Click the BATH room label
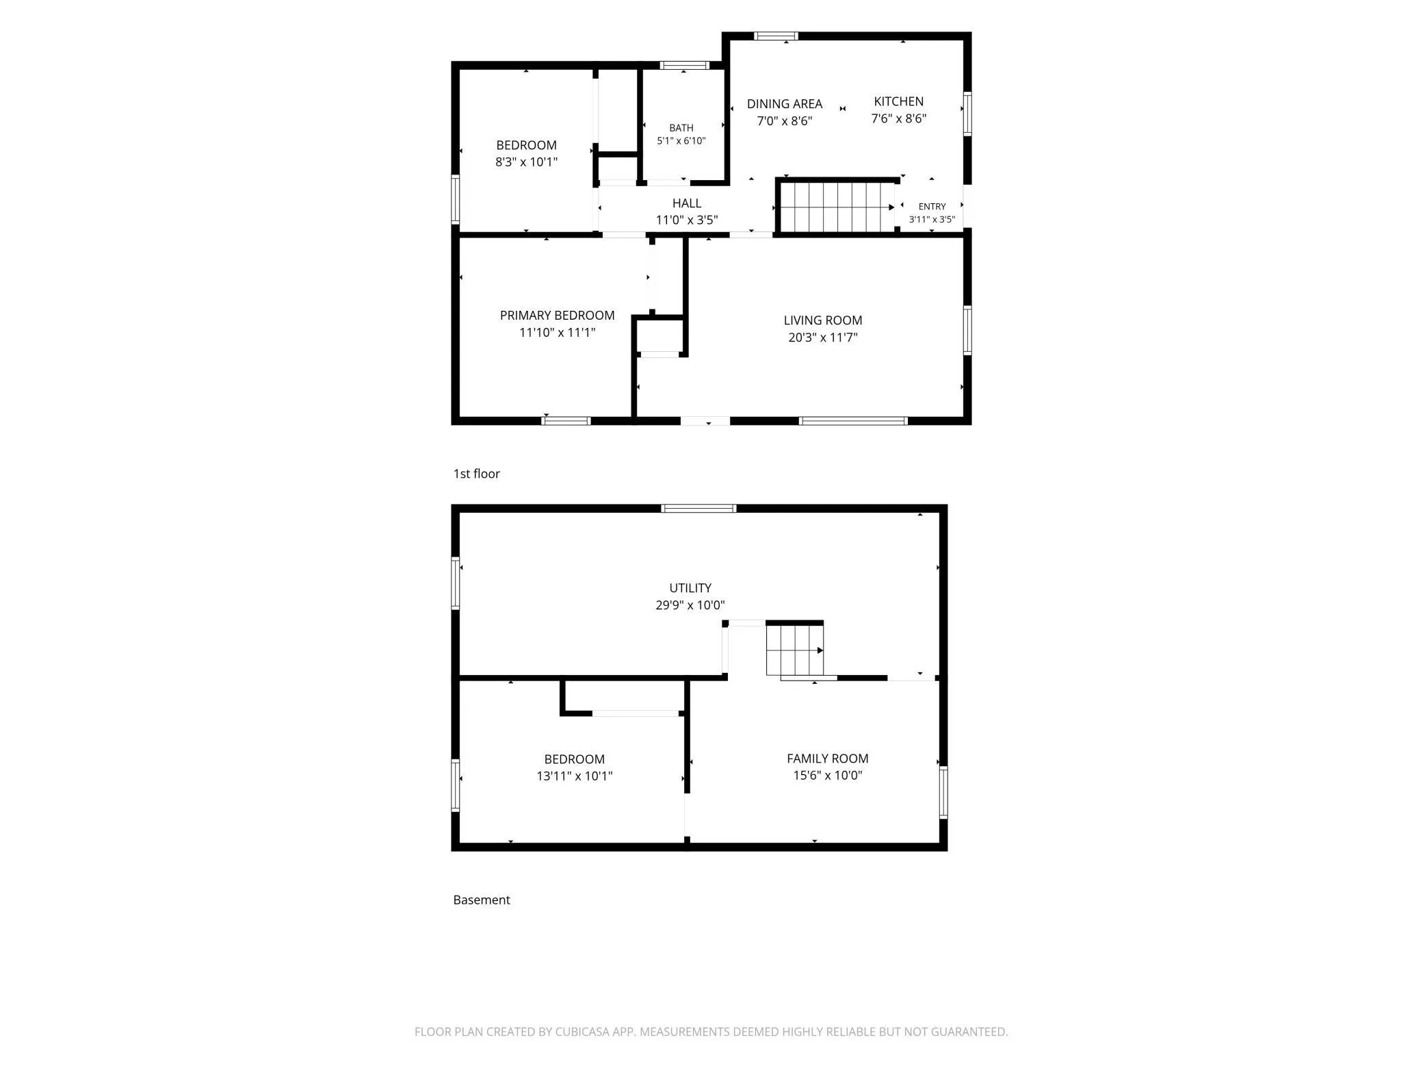pyautogui.click(x=681, y=128)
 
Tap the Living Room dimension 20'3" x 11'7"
pyautogui.click(x=822, y=338)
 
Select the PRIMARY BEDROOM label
pyautogui.click(x=557, y=316)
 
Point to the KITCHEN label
pyautogui.click(x=898, y=101)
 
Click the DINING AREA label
pyautogui.click(x=784, y=104)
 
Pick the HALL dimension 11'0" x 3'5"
pyautogui.click(x=686, y=220)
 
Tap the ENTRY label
pyautogui.click(x=932, y=207)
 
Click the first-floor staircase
pyautogui.click(x=836, y=207)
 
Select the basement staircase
pyautogui.click(x=794, y=650)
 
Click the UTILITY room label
pyautogui.click(x=690, y=588)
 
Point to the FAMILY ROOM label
pyautogui.click(x=827, y=759)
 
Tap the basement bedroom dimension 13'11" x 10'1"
pyautogui.click(x=574, y=776)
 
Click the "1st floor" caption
pyautogui.click(x=476, y=474)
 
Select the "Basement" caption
pyautogui.click(x=481, y=900)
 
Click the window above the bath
pyautogui.click(x=684, y=66)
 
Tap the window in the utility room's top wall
pyautogui.click(x=699, y=508)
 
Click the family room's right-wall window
pyautogui.click(x=943, y=792)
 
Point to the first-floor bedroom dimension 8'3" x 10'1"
pyautogui.click(x=526, y=162)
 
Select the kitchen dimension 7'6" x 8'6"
pyautogui.click(x=898, y=118)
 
